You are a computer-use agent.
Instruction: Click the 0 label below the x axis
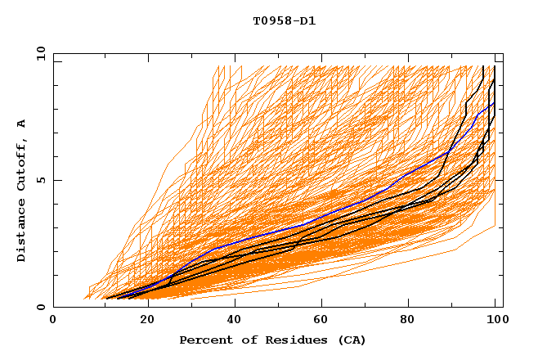click(53, 321)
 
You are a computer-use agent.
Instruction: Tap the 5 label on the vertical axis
click(43, 180)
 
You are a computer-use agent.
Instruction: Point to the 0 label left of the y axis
click(43, 308)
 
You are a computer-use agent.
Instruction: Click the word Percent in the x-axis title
click(204, 340)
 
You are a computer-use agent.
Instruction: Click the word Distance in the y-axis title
click(22, 232)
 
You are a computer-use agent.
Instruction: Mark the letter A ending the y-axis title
click(22, 123)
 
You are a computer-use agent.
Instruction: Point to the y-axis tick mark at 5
click(56, 180)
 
